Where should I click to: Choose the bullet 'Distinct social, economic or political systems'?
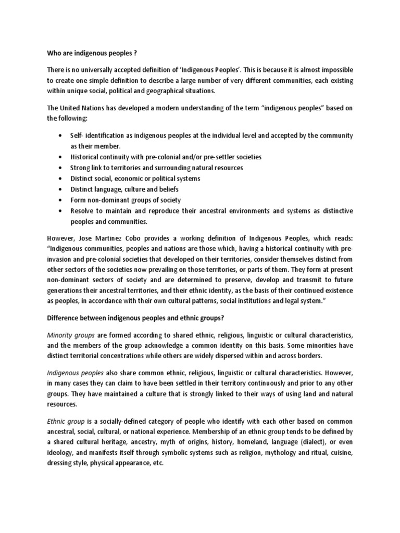point(135,179)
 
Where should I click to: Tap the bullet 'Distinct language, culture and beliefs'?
point(124,189)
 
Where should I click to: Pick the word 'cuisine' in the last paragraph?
point(340,453)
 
